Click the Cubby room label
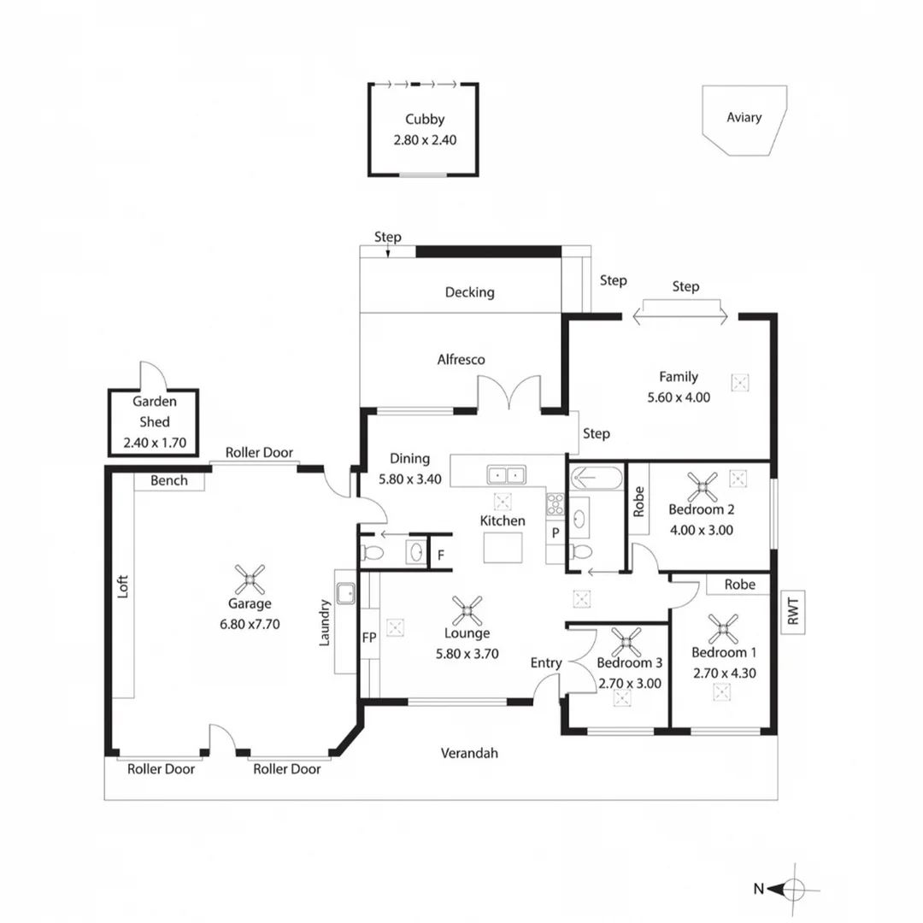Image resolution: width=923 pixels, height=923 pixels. coord(425,120)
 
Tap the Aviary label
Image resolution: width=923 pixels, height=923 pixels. coord(744,117)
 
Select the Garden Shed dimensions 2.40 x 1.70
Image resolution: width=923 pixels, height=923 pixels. coord(153,443)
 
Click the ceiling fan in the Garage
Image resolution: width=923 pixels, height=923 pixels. coord(250,579)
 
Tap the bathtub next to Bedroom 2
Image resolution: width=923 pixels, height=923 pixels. coord(596,476)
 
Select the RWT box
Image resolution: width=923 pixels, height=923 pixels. coord(792,613)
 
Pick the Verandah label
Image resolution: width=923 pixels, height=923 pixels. coord(469,753)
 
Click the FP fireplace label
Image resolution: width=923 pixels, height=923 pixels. coord(369,638)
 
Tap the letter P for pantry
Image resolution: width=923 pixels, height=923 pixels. coord(555,532)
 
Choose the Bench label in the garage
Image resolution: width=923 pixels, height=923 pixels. coord(169,481)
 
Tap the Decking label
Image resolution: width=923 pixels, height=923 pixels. coord(469,292)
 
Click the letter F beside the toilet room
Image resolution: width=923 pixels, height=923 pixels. coord(441,555)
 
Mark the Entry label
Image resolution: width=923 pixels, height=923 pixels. coord(546,662)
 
